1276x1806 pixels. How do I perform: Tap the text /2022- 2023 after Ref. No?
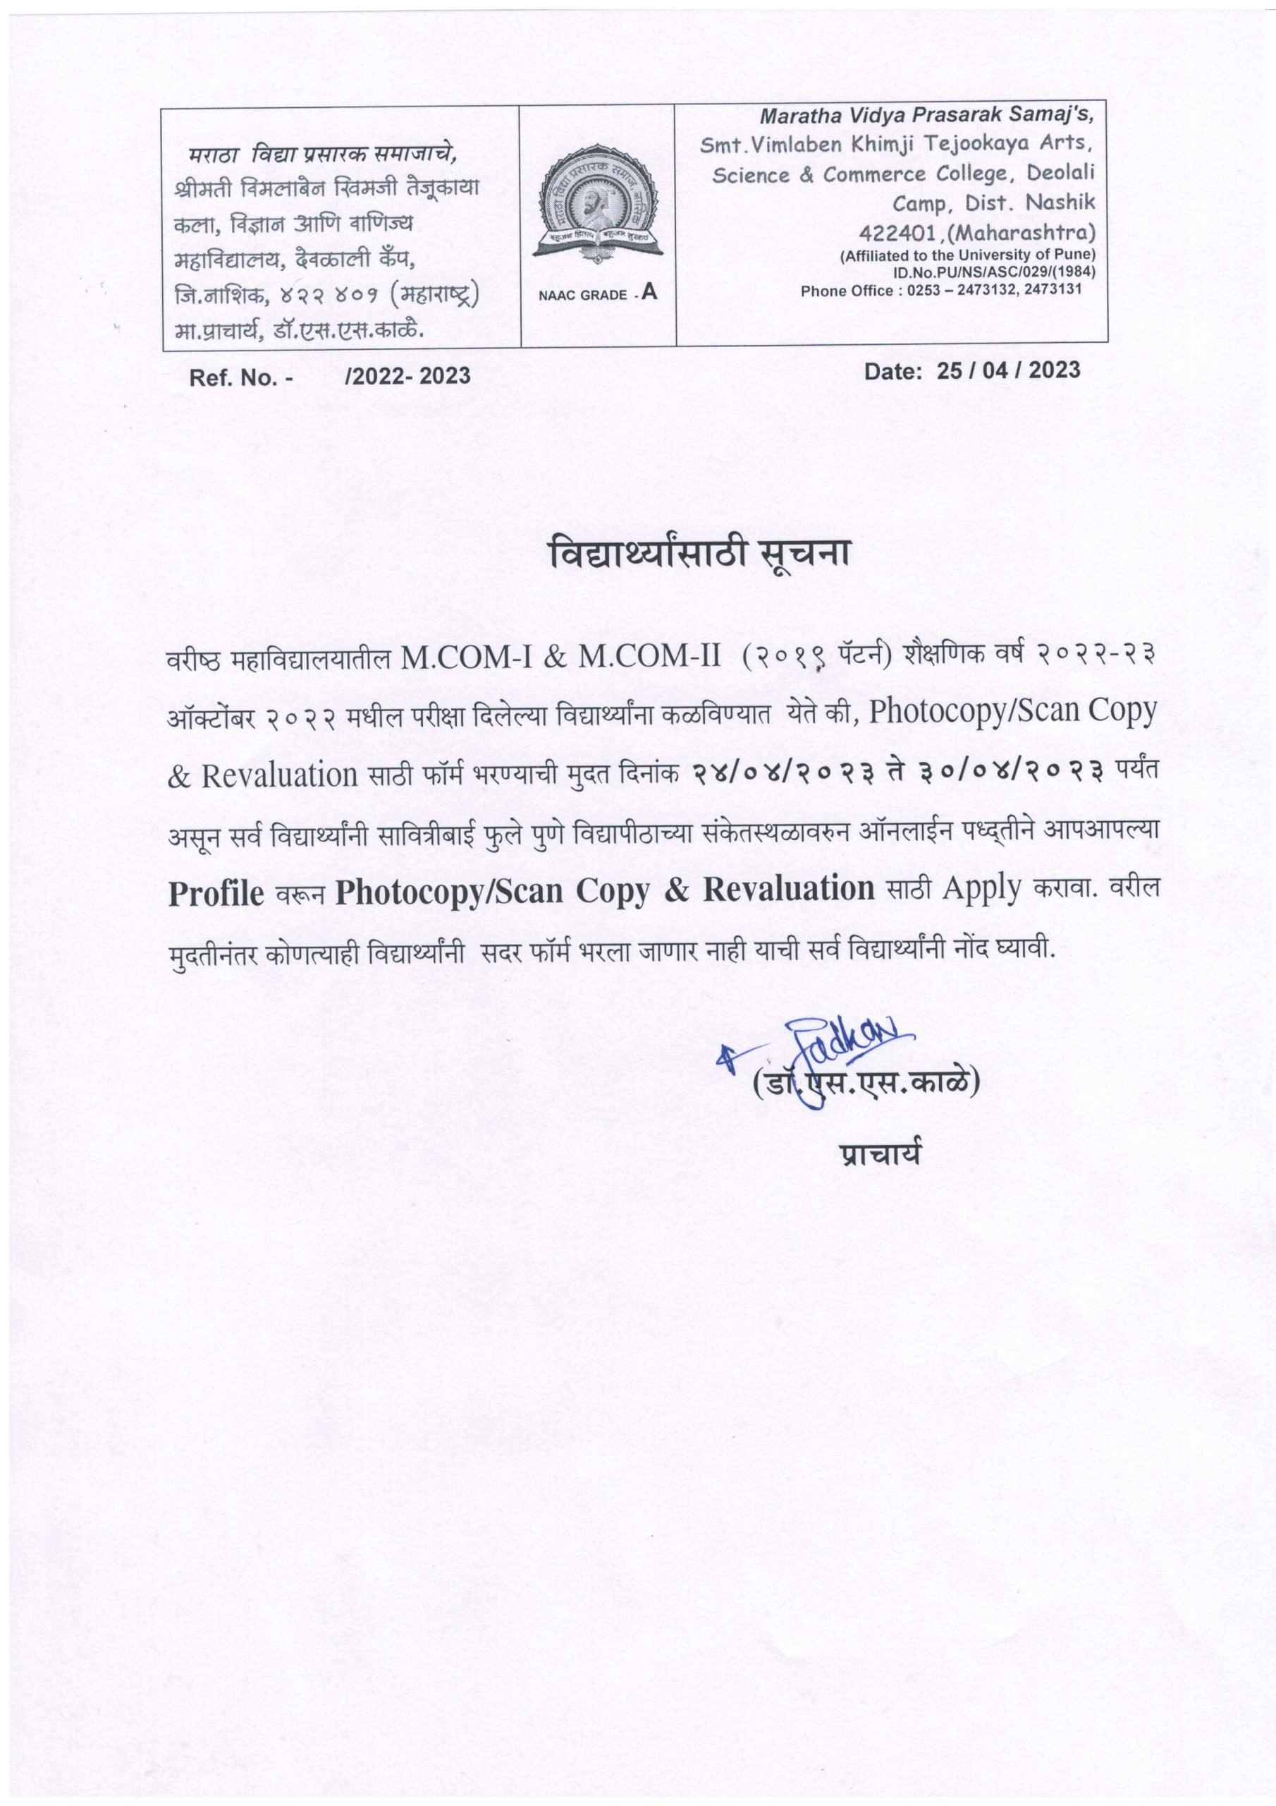pos(407,376)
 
